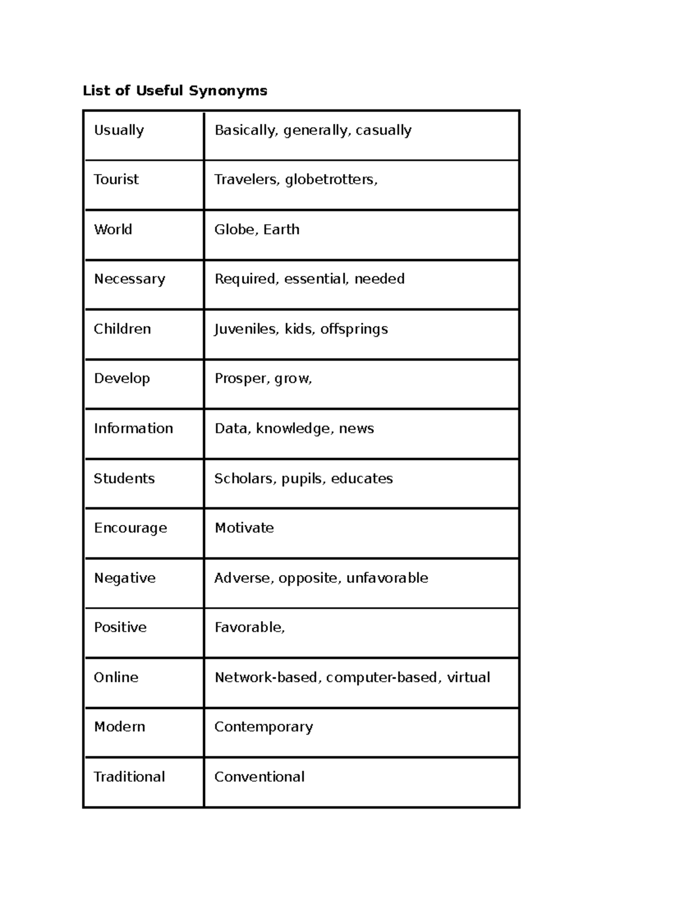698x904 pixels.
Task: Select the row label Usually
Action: (119, 130)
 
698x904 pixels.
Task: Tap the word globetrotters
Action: (330, 180)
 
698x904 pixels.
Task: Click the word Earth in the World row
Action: (281, 229)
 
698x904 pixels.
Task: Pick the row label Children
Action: (122, 329)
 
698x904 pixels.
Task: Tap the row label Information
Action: (133, 428)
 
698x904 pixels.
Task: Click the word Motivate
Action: (244, 528)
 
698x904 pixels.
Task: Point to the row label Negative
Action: (124, 578)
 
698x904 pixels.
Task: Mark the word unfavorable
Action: (387, 578)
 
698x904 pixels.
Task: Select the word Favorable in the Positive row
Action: (248, 628)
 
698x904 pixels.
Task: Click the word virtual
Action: (468, 677)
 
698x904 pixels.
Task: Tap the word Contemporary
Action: (263, 727)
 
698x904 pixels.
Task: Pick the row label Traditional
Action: (129, 777)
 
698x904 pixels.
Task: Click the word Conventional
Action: (259, 777)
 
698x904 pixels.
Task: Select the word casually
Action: (383, 130)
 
